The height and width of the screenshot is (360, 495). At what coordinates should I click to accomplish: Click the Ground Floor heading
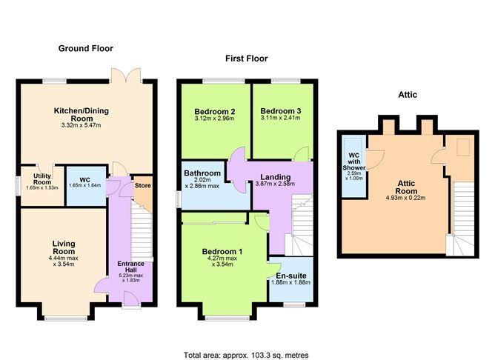coord(85,48)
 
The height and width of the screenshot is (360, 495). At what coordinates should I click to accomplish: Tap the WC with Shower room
coord(353,167)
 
